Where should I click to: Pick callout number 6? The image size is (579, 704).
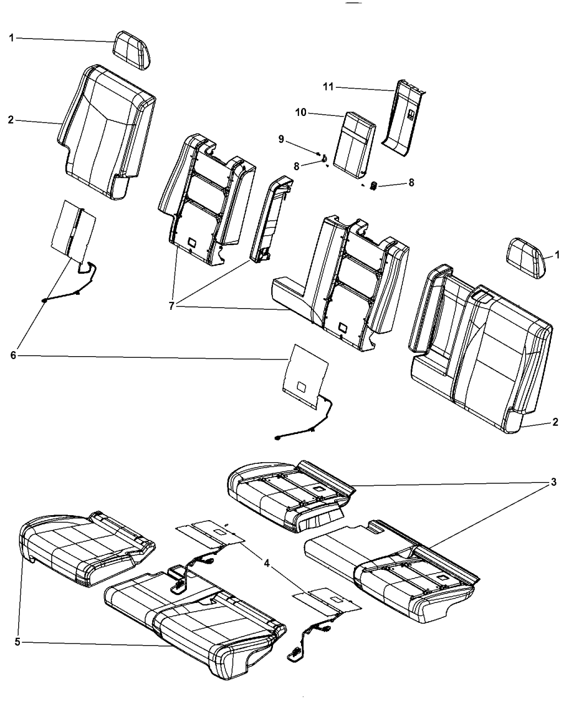click(x=13, y=356)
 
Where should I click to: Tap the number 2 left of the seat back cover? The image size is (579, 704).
click(x=11, y=120)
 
